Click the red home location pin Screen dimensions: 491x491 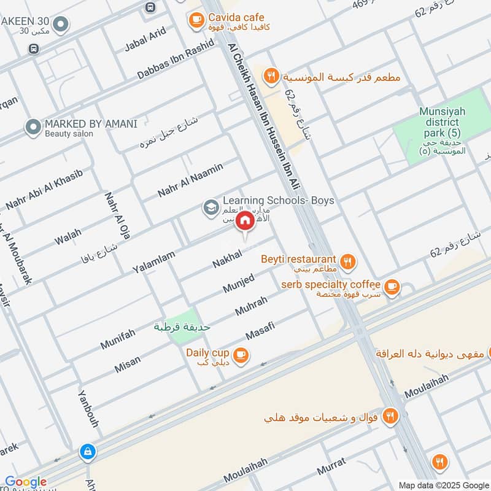[x=244, y=221]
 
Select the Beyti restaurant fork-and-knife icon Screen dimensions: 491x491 [x=348, y=262]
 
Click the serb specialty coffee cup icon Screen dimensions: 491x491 [x=391, y=286]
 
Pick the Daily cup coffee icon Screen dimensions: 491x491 [x=241, y=355]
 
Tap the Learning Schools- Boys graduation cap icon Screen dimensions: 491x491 [x=211, y=208]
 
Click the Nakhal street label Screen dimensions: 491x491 [x=227, y=257]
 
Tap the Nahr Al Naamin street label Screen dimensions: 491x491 [x=190, y=179]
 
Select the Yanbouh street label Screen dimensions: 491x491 [x=89, y=409]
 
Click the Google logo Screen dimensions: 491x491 [x=26, y=482]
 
